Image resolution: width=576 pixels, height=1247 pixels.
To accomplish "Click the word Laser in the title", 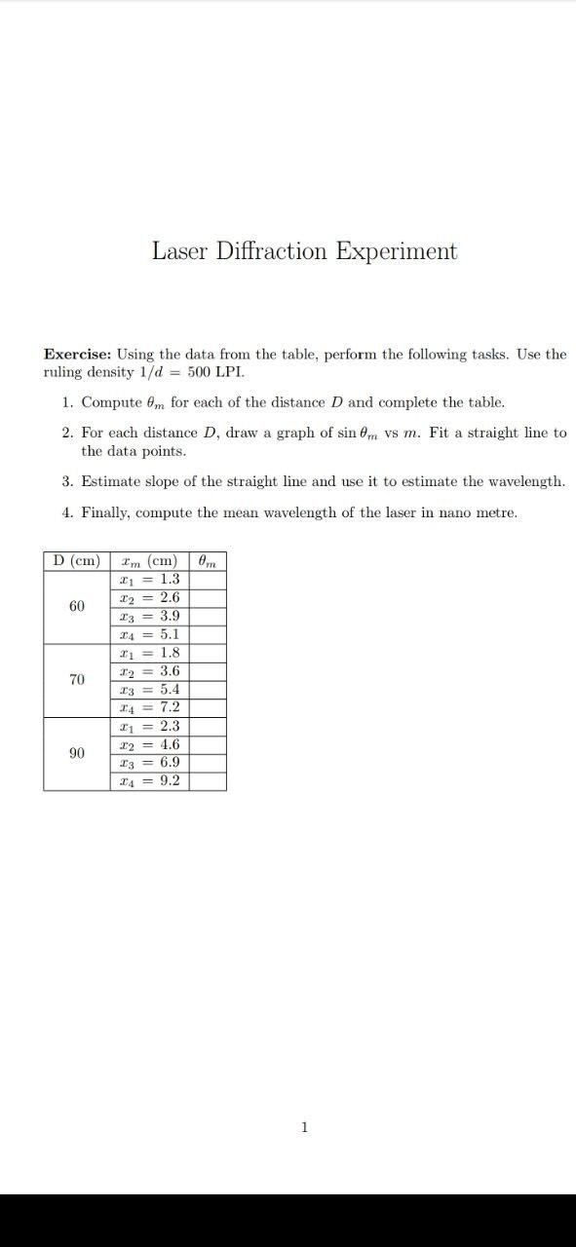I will tap(179, 251).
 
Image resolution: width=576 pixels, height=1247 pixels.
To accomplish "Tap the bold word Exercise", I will tap(77, 355).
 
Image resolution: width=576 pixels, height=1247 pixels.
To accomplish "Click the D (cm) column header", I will tap(77, 561).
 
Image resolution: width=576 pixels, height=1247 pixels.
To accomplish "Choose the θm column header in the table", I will tap(207, 561).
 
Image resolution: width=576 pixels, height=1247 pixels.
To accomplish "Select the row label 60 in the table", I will tap(77, 607).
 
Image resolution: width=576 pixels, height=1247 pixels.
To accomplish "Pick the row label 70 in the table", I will tap(77, 679).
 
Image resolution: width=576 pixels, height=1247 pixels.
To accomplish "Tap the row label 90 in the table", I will tap(77, 753).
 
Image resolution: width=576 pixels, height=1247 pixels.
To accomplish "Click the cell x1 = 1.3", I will tap(148, 580).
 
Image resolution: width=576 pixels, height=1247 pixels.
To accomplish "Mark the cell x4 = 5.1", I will tap(148, 634).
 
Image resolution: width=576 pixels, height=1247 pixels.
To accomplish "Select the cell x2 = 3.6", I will tap(148, 671).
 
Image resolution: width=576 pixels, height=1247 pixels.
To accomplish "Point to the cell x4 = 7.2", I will tap(148, 708).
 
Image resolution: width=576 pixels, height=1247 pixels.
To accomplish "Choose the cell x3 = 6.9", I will tap(148, 763).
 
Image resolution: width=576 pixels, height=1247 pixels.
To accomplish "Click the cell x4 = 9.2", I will tap(148, 780).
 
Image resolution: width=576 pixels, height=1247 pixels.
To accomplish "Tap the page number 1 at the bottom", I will tap(305, 1127).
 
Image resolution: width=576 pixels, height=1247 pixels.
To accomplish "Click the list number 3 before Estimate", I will tap(65, 481).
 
